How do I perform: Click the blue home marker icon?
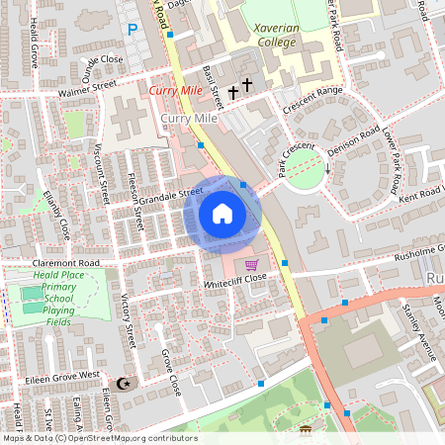click(x=222, y=214)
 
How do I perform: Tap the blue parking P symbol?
click(x=133, y=31)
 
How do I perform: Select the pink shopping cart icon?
click(x=251, y=264)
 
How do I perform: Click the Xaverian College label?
click(x=282, y=37)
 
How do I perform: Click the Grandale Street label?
click(x=170, y=196)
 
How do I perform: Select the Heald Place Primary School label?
click(x=57, y=298)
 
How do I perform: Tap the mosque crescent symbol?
click(x=124, y=383)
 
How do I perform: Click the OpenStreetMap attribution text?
click(x=99, y=438)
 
